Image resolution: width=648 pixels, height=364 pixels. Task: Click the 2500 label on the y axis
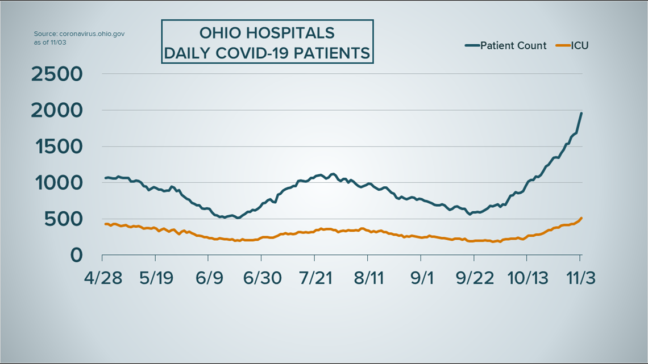(57, 74)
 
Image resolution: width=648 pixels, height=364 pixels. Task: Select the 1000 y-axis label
(59, 183)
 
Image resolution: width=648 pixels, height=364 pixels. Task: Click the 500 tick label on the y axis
(66, 219)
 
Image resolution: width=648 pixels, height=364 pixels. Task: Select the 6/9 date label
(209, 278)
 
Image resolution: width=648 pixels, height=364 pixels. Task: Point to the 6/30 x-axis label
(262, 278)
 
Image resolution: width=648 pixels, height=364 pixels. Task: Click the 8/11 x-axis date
(368, 278)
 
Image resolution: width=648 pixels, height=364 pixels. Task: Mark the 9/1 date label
(422, 278)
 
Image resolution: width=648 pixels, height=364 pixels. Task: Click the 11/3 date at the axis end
(580, 278)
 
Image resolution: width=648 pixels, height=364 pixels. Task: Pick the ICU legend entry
(580, 45)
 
